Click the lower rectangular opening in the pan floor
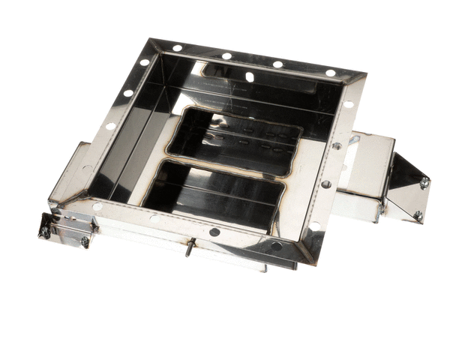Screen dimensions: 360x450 coord(214,193)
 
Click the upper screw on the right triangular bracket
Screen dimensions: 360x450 coord(424,182)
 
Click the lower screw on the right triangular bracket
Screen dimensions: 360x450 coord(418,216)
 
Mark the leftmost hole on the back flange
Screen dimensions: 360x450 coord(178,47)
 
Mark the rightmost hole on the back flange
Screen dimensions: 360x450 coord(330,73)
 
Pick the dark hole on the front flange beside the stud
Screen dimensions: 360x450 coord(214,232)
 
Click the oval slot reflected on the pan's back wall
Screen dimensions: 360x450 coord(249,76)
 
